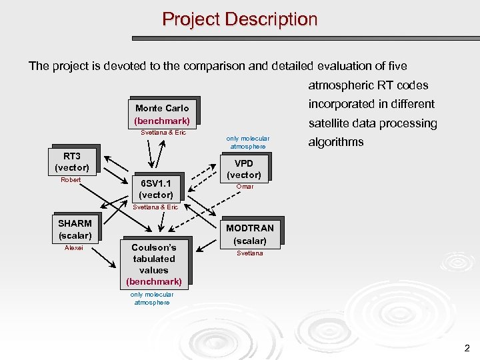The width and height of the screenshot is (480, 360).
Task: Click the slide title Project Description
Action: (240, 19)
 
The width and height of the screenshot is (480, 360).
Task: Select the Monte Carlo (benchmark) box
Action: (162, 114)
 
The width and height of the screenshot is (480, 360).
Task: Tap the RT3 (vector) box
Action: (72, 161)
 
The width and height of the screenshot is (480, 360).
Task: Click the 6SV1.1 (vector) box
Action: (156, 189)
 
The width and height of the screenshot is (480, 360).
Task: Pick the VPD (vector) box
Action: (244, 169)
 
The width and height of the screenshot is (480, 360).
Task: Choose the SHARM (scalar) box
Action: (75, 229)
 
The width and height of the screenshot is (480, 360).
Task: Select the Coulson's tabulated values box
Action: (153, 264)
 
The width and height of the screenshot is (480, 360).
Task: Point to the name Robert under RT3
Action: (71, 180)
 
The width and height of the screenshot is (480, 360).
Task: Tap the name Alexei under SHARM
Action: (74, 248)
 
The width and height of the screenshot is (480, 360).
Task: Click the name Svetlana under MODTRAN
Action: (250, 253)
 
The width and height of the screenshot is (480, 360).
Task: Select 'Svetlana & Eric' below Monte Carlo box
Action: (163, 133)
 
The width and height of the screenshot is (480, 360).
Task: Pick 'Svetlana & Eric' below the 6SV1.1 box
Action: (156, 207)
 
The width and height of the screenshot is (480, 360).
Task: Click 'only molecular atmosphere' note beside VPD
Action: (248, 143)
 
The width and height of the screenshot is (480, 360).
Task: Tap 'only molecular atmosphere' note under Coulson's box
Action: (152, 298)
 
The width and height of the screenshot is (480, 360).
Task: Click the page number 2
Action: (467, 347)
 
